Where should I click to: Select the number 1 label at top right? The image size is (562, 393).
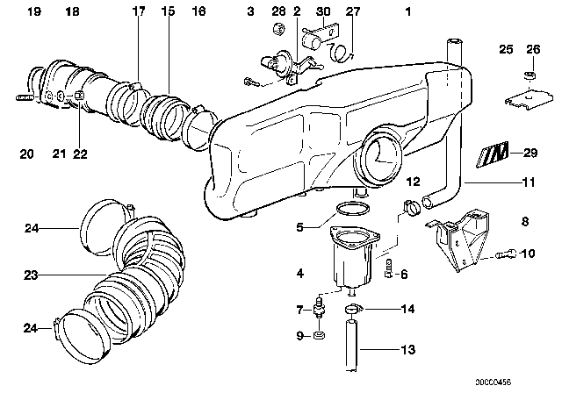pos(407,13)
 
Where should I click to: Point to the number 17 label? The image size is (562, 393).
pos(139,12)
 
